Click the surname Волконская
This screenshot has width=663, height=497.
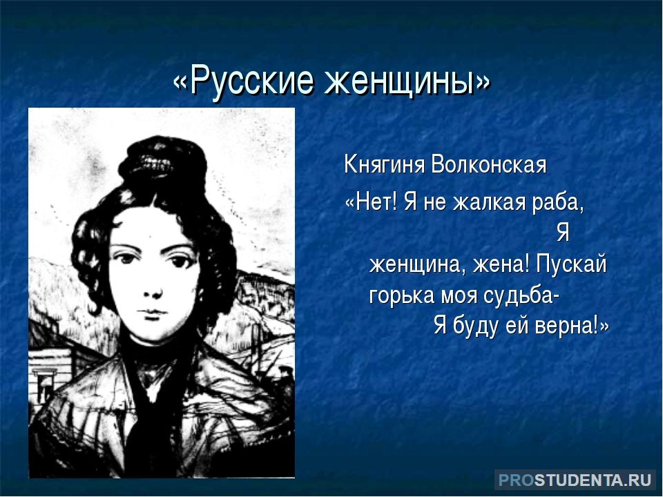[x=488, y=164]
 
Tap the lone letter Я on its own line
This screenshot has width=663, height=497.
[x=563, y=233]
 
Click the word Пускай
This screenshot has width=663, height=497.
[x=571, y=264]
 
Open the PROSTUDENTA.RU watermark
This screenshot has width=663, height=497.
[x=575, y=480]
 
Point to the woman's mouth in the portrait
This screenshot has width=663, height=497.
[x=153, y=313]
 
